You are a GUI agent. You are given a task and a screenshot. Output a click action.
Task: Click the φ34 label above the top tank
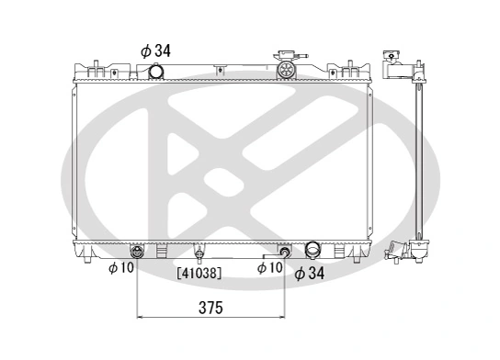156,51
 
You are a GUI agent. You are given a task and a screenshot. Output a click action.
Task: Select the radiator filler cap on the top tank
287,65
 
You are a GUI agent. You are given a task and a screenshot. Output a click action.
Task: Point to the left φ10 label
120,268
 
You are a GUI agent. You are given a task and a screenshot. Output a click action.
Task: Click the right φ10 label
269,268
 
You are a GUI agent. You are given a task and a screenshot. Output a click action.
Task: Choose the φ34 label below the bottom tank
311,272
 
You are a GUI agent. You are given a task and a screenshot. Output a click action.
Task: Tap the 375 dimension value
210,307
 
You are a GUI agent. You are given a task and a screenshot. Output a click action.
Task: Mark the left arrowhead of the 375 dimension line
141,318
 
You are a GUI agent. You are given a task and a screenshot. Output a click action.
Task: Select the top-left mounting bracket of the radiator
96,67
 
